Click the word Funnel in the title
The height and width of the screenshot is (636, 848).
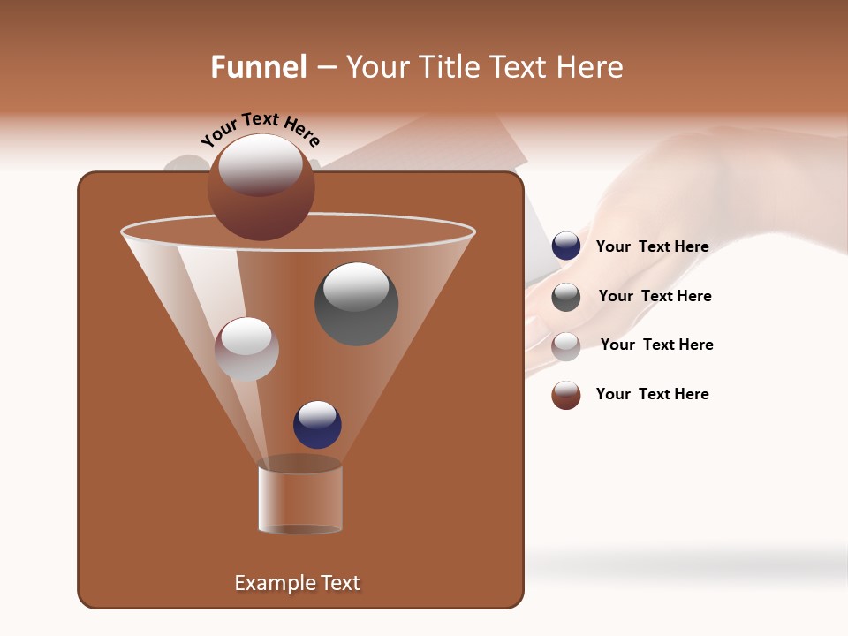coord(258,67)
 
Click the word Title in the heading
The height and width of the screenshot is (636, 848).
coord(448,67)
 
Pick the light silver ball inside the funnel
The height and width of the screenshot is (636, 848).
coord(246,349)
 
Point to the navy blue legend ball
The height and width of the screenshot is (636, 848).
coord(566,246)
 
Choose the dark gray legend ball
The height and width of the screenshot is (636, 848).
coord(566,297)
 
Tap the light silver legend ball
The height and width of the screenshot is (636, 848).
coord(566,346)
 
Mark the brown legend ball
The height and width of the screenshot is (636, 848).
coord(566,395)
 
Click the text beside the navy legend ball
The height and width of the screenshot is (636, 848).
coord(652,247)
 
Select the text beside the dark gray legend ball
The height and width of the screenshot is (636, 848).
coord(655,297)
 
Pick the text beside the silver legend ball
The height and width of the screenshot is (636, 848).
coord(656,345)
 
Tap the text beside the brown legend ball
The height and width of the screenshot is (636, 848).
coord(652,394)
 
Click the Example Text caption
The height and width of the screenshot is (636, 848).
coord(297,583)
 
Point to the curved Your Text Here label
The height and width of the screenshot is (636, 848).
coord(261,128)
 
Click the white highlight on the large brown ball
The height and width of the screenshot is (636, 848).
coord(260,164)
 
